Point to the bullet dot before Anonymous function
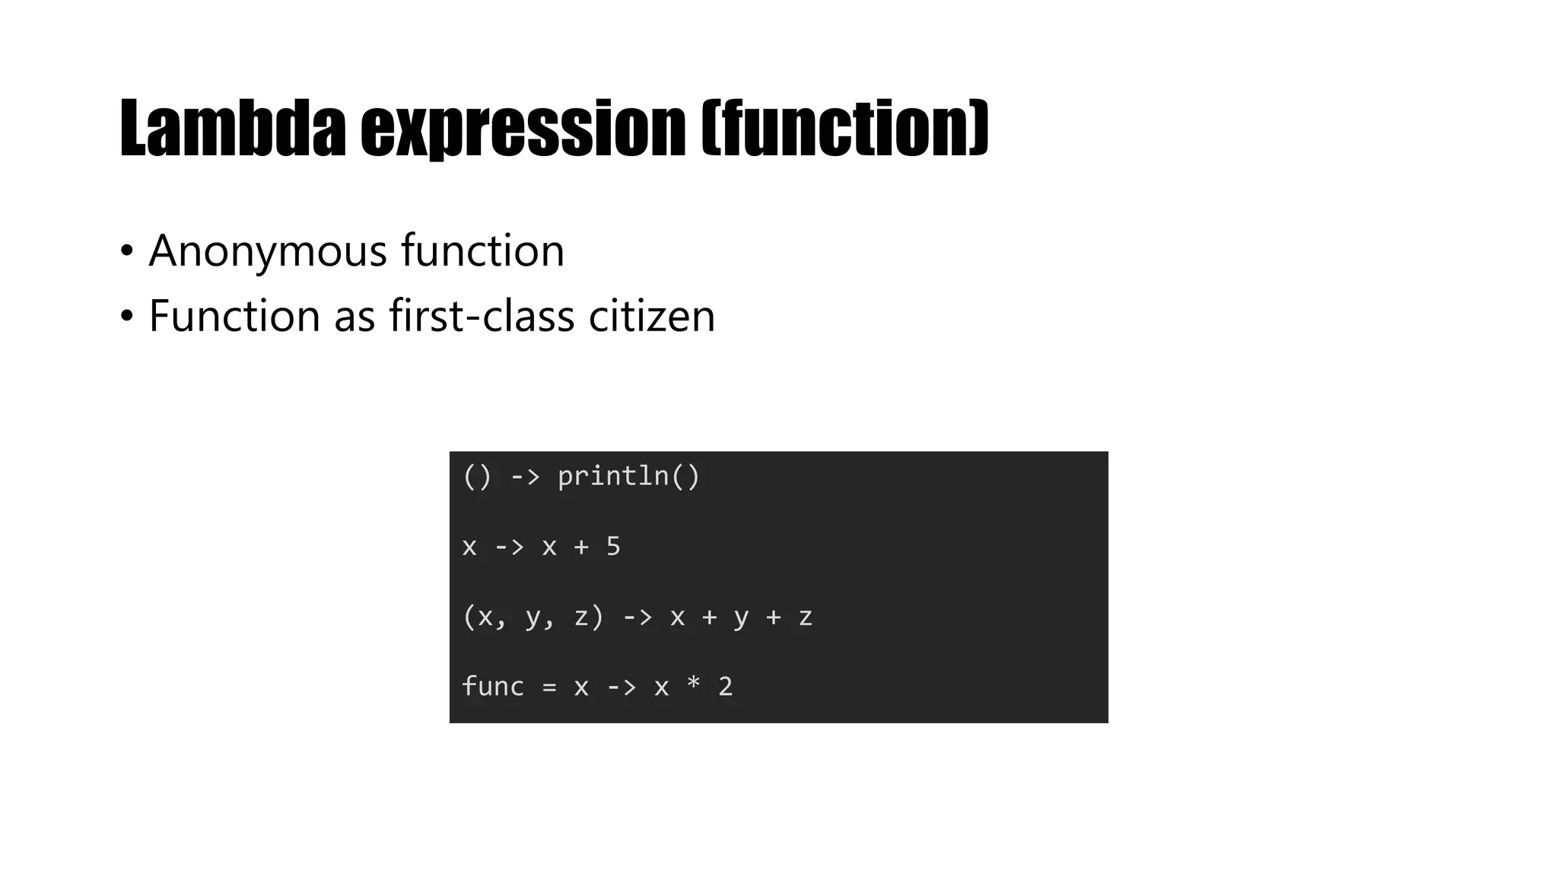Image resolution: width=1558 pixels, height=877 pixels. [126, 250]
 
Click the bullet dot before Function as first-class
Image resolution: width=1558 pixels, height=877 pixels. [126, 315]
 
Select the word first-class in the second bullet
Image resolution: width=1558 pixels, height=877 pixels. [482, 315]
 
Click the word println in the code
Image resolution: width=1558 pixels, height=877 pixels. [613, 477]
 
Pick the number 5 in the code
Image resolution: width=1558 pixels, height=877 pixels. [613, 547]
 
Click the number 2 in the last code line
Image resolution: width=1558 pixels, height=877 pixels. [725, 687]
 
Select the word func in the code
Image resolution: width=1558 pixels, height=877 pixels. [493, 687]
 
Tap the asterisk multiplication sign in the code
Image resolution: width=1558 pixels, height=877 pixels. [693, 685]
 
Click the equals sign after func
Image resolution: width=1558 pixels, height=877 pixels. [549, 687]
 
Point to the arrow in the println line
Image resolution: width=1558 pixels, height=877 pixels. [525, 477]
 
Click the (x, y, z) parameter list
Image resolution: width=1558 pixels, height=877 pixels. [533, 617]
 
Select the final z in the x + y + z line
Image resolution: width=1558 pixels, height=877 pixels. [806, 617]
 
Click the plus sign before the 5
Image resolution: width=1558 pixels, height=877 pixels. [581, 547]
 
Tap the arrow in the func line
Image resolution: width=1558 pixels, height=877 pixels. [621, 687]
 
